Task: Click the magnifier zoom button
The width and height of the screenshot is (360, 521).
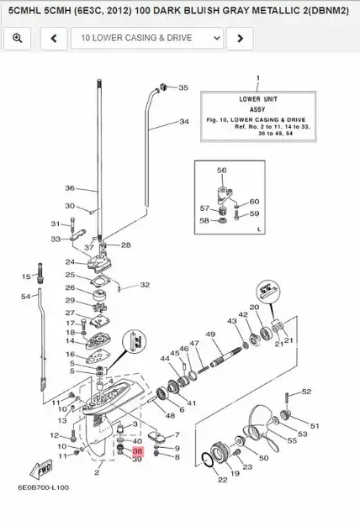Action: (x=18, y=38)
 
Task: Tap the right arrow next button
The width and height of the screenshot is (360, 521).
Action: (x=240, y=38)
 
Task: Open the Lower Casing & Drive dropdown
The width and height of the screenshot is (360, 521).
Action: (x=146, y=38)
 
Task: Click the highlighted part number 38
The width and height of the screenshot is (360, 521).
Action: (x=137, y=451)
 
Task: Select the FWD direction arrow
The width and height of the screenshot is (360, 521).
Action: (x=41, y=469)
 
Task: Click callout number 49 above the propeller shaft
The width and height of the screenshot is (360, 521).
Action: (x=210, y=334)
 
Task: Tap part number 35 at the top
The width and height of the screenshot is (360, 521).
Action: (x=183, y=87)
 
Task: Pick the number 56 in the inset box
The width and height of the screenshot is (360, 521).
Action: (x=222, y=171)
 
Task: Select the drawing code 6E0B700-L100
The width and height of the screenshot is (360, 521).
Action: (x=44, y=487)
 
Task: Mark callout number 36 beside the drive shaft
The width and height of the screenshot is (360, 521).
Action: (x=70, y=188)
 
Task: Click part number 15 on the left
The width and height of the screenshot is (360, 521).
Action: (x=26, y=276)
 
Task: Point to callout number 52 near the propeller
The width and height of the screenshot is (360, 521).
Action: (x=306, y=392)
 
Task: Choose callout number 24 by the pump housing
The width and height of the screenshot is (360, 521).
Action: (x=70, y=262)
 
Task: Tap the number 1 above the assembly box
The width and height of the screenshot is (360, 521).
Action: (x=258, y=78)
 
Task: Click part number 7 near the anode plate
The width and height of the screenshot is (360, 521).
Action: (x=177, y=434)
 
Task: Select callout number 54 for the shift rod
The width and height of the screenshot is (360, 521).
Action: (x=25, y=296)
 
